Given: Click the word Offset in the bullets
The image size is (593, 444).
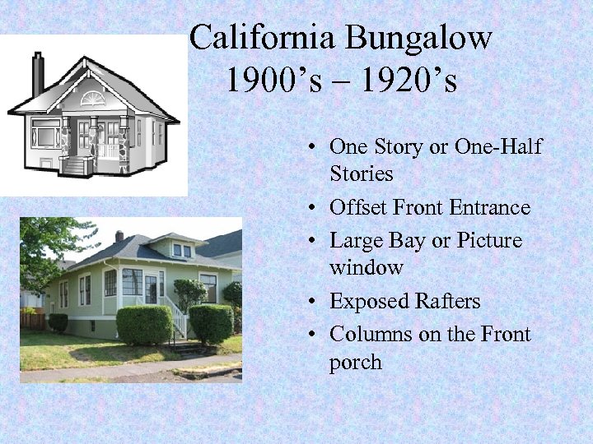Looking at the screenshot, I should pyautogui.click(x=356, y=208).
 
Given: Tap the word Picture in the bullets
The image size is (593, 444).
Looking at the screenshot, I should pyautogui.click(x=489, y=241).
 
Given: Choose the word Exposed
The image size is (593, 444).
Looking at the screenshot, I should pyautogui.click(x=366, y=302).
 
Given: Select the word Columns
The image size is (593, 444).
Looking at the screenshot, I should pyautogui.click(x=369, y=335).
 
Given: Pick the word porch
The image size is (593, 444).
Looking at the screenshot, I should pyautogui.click(x=355, y=362).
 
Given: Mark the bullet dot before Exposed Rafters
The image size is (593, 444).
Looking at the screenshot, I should pyautogui.click(x=316, y=303).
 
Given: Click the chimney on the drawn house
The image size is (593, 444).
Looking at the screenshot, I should pyautogui.click(x=38, y=73).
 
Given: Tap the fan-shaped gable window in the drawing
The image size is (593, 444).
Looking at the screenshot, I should pyautogui.click(x=93, y=100).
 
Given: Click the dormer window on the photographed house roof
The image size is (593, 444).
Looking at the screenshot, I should pyautogui.click(x=182, y=248).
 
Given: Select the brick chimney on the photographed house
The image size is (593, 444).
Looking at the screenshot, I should pyautogui.click(x=119, y=237).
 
